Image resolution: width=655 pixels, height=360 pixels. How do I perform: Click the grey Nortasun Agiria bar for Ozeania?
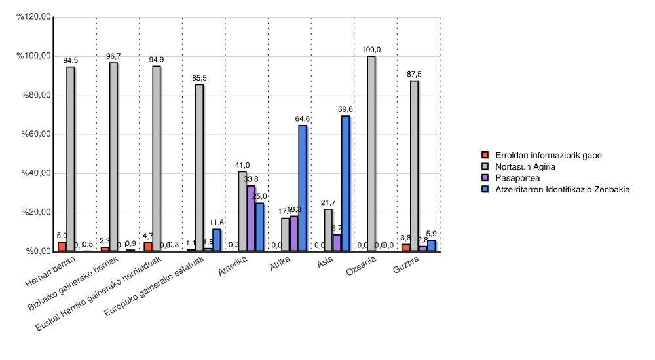pos(371,154)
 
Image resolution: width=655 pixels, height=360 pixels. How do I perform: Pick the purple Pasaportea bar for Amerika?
pos(251,219)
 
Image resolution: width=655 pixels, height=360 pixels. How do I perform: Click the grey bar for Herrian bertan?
pos(70,159)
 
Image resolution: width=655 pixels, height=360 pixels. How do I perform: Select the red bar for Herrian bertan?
pos(62,247)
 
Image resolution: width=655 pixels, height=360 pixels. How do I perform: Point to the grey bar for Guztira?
pos(414,166)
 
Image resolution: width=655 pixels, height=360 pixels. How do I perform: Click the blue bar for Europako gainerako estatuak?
pos(216,240)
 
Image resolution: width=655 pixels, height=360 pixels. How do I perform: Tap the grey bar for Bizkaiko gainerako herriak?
pos(113,157)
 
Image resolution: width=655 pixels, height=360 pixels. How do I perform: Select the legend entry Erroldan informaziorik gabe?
pos(548,155)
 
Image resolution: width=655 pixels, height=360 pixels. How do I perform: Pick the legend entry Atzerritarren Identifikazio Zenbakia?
pos(562,189)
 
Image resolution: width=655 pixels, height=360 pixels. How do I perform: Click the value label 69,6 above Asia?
pos(345,109)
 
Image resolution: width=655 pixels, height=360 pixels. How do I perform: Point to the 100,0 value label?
pos(371,50)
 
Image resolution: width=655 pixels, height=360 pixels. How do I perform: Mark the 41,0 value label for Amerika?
pos(242,165)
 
